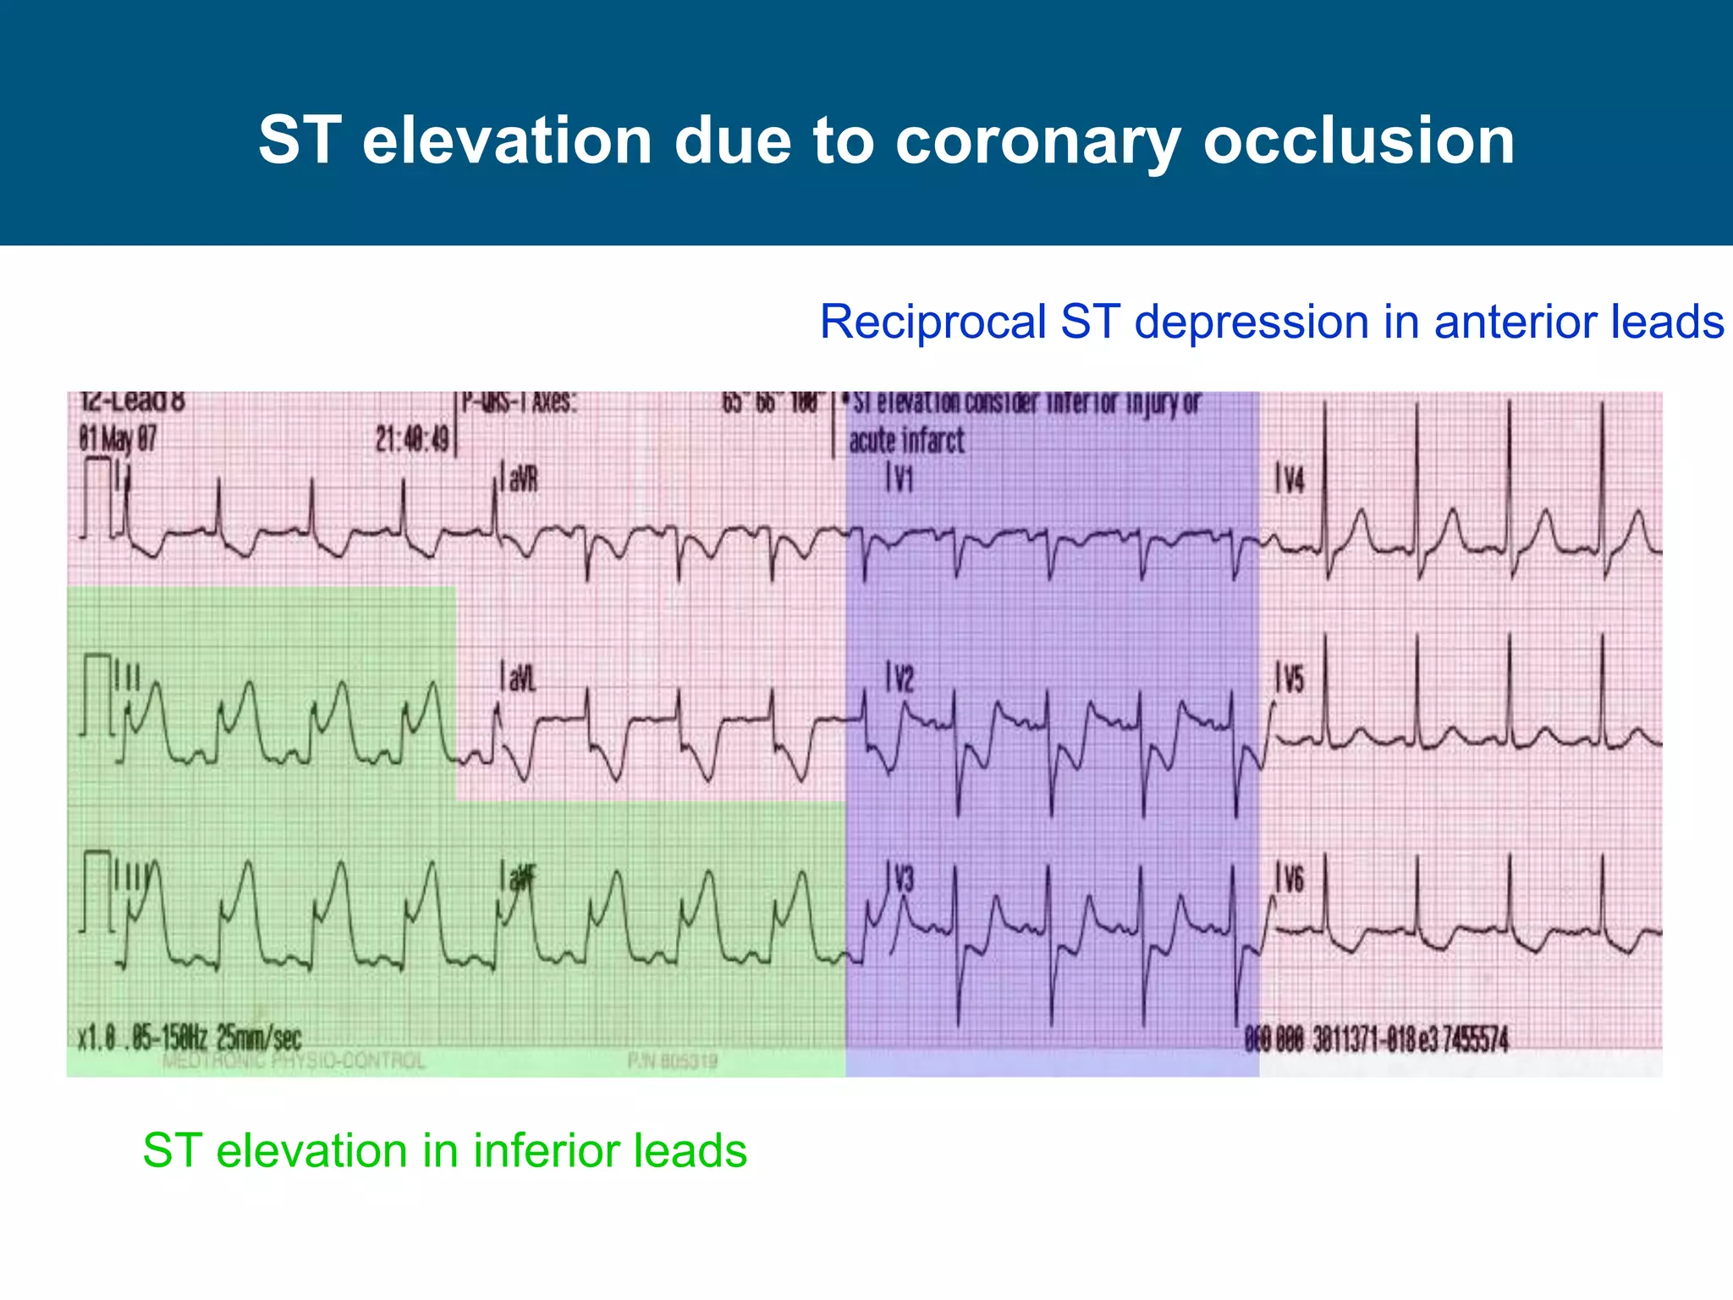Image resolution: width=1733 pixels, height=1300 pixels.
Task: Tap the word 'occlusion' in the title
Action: click(1358, 140)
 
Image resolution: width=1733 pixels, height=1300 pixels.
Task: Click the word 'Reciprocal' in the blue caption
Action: click(933, 322)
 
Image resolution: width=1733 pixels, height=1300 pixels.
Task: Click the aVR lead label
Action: click(521, 480)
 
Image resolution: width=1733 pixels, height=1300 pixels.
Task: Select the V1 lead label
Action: click(901, 480)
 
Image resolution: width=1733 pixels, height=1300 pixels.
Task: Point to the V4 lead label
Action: click(1291, 481)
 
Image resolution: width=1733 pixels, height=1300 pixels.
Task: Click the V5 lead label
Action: click(1292, 680)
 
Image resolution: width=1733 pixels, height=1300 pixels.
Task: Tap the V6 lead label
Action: click(1292, 880)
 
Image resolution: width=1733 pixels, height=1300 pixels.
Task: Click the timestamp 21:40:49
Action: click(412, 439)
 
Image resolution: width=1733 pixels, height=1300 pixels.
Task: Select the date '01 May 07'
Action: click(118, 439)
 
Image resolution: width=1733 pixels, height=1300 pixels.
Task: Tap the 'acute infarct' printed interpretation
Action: click(906, 441)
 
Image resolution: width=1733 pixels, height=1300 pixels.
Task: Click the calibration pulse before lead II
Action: click(98, 694)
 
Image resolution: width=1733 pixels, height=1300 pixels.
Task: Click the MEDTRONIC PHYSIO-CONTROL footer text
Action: click(293, 1061)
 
